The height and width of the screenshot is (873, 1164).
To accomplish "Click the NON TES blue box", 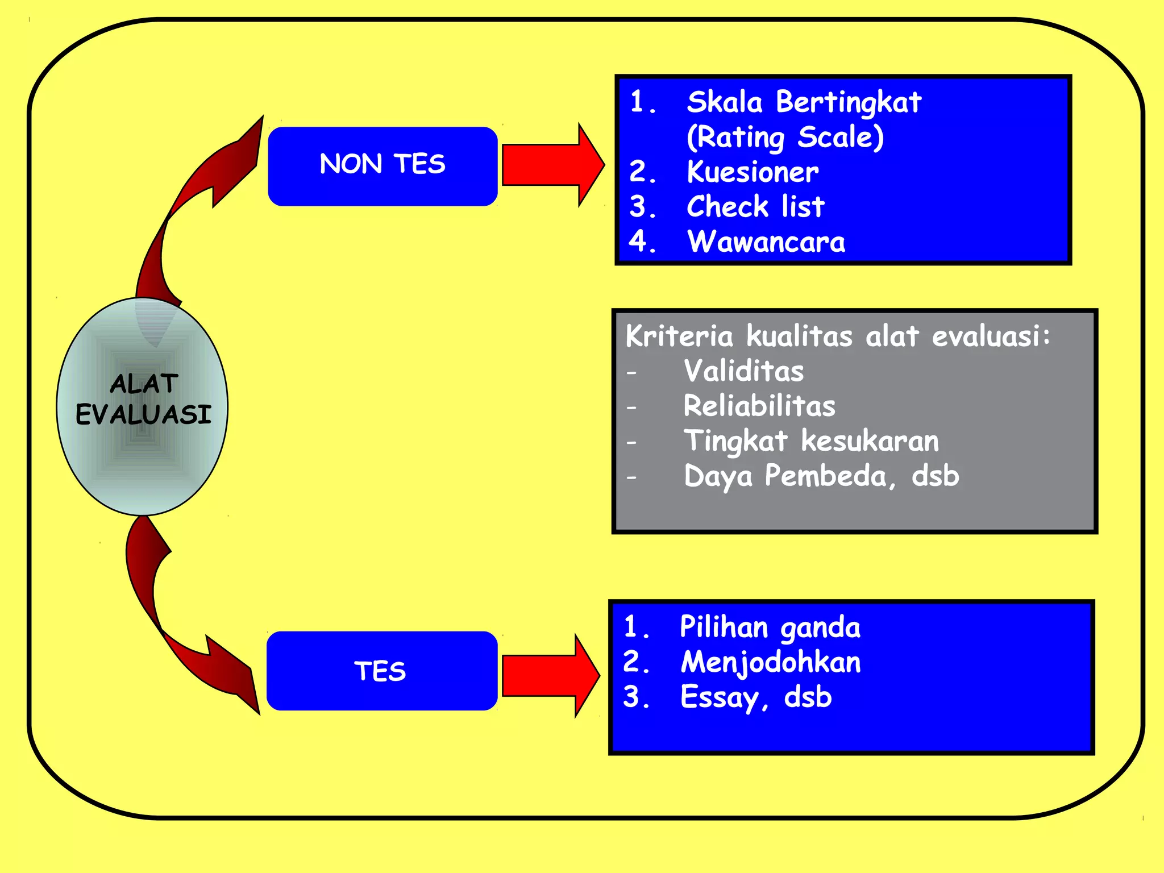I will [383, 166].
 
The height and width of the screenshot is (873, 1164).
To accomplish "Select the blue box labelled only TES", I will [382, 671].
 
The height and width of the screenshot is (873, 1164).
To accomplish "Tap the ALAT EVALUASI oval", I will [142, 406].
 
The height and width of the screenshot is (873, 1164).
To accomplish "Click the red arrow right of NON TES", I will [551, 165].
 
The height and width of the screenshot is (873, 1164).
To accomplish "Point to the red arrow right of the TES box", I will [548, 675].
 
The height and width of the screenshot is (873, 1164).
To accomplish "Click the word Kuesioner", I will [753, 172].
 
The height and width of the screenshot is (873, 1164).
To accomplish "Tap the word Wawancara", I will [766, 242].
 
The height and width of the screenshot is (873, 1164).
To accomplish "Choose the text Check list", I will [755, 207].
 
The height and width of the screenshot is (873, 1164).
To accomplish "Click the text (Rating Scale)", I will [785, 138].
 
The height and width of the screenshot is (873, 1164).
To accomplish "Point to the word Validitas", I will [744, 371].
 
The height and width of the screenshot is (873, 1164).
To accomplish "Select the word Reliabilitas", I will [759, 406].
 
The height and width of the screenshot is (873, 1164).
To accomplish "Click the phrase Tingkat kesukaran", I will [811, 442].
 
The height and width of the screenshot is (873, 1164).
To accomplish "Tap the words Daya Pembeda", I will [785, 476].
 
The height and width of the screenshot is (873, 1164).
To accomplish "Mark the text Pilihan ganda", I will [770, 627].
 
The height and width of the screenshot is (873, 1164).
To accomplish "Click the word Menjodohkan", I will [771, 663].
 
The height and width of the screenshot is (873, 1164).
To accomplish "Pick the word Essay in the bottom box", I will [719, 698].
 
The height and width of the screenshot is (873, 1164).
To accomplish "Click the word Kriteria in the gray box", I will [679, 336].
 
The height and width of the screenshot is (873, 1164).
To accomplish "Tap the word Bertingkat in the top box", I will [849, 103].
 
